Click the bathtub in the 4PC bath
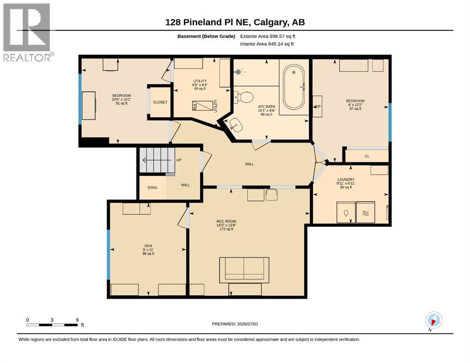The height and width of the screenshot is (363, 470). (294, 87)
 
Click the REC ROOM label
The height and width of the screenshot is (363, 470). (226, 222)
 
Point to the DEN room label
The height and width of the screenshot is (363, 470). (148, 246)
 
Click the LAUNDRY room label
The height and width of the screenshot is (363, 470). (346, 180)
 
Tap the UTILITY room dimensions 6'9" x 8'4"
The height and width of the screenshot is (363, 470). (200, 85)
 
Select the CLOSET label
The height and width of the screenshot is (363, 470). (160, 102)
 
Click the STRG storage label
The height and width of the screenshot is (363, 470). (152, 188)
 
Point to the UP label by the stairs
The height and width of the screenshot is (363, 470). (178, 160)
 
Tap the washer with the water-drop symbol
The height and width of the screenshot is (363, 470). (346, 213)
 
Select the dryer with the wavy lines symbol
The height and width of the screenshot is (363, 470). (365, 213)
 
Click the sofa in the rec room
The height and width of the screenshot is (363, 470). (244, 270)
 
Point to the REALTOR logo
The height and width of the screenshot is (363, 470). (27, 32)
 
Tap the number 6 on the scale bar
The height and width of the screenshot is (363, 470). (77, 320)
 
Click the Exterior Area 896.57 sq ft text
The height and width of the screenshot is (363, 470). (268, 36)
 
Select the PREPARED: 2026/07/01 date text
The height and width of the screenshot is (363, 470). (235, 324)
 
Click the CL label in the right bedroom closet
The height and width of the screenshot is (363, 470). (367, 156)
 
